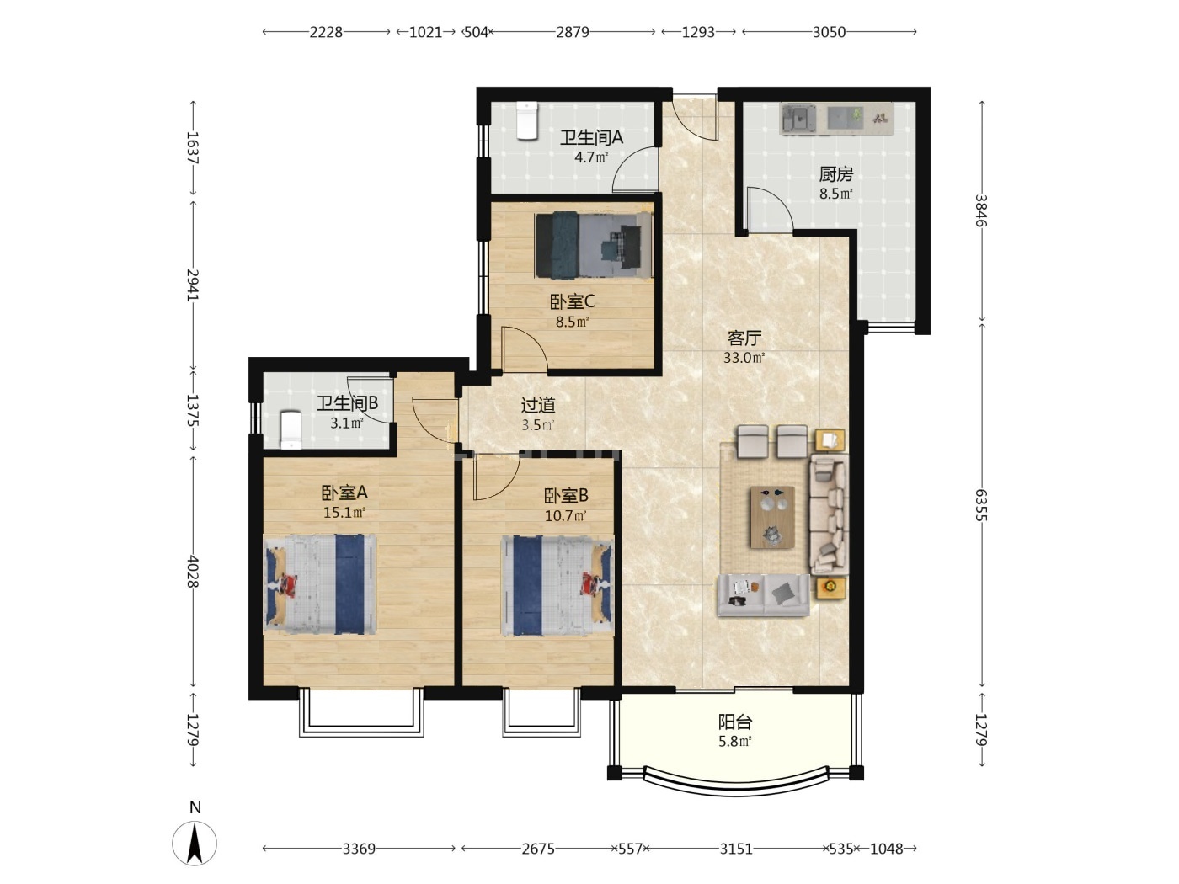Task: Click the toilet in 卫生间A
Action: [527, 120]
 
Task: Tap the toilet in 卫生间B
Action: [291, 429]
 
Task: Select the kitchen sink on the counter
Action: [798, 118]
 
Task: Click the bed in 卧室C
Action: [594, 245]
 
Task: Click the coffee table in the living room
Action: [772, 517]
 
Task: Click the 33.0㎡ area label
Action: [744, 358]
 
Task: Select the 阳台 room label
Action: [735, 722]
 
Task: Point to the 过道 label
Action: [538, 405]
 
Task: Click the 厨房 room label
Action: [835, 174]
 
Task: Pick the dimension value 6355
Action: [981, 504]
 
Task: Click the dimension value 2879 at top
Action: [573, 32]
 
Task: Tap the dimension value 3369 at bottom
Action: [359, 849]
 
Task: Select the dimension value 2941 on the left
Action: [193, 285]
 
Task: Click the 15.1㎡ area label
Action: [344, 513]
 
